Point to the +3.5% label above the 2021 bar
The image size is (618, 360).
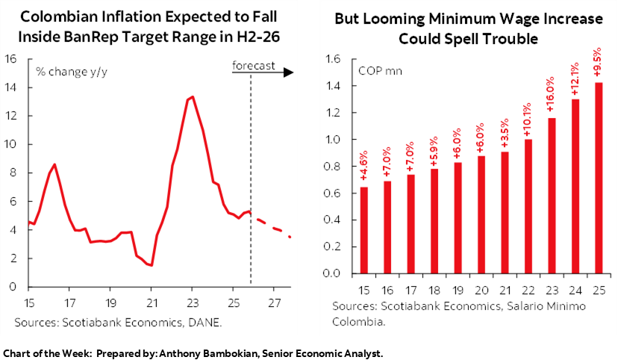point(504,133)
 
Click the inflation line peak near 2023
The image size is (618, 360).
point(193,96)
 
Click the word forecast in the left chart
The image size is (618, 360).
point(253,66)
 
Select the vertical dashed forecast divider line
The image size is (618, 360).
point(251,179)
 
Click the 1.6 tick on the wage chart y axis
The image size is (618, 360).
point(333,59)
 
